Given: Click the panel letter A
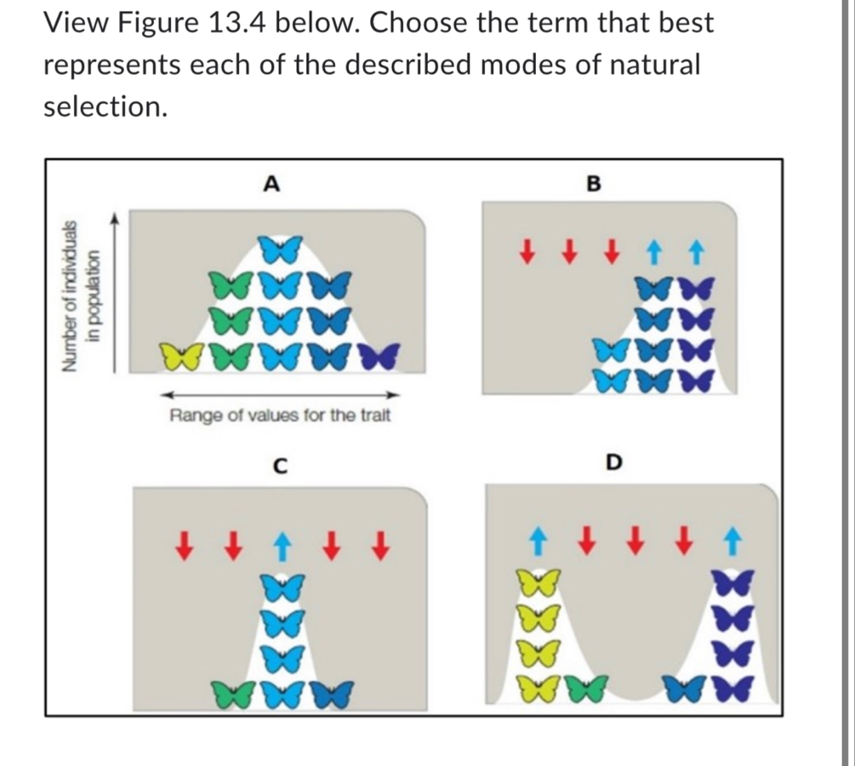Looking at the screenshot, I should pyautogui.click(x=271, y=182).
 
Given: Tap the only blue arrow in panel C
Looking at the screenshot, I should pyautogui.click(x=277, y=542).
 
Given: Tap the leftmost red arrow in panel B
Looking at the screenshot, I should pyautogui.click(x=528, y=253).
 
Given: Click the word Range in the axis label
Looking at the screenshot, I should pyautogui.click(x=195, y=416).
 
